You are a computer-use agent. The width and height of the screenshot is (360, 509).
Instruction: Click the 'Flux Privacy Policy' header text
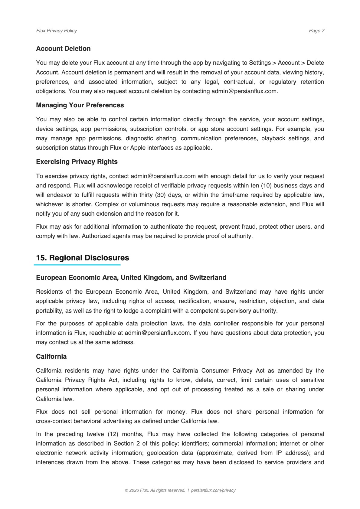tap(56, 31)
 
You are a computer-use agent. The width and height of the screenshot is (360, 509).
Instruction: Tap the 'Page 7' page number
tap(316, 31)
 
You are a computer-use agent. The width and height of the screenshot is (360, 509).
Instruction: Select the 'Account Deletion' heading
tap(63, 49)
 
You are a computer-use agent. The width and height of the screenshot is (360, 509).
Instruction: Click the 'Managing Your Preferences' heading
tap(80, 105)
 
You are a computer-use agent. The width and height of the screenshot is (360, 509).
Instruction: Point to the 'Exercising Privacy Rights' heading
tap(77, 162)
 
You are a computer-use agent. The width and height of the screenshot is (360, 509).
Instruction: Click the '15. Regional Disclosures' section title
tap(83, 258)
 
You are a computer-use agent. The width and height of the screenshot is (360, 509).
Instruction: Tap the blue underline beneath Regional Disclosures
tap(77, 265)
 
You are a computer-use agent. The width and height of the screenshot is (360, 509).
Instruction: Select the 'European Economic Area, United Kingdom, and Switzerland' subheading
tap(131, 278)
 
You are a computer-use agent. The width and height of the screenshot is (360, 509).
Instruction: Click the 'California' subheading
tap(51, 357)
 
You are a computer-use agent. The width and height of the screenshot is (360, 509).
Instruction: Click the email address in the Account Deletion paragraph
tap(244, 91)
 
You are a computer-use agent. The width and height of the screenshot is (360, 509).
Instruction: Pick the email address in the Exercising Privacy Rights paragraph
tap(163, 176)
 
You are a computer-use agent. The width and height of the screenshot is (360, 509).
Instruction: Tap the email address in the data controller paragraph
tap(158, 333)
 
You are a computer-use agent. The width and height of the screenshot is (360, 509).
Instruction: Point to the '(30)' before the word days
tap(160, 195)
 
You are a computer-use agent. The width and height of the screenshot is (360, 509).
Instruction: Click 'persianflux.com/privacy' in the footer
tap(213, 490)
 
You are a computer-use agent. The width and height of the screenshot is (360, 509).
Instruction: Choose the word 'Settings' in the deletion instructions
tap(260, 63)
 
